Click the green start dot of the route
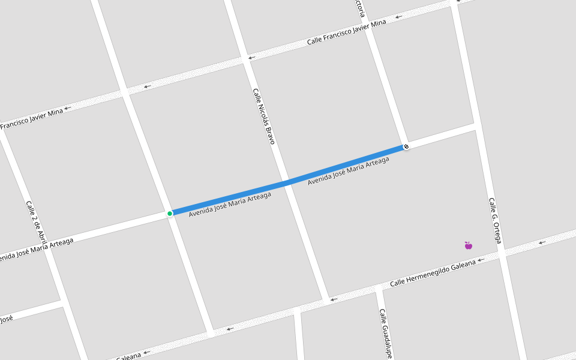coord(170,213)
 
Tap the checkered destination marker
coord(406,146)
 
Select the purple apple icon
coord(469,245)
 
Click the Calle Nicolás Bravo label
coord(263,116)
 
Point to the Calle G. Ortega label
coord(494,220)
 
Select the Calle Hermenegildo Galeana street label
coord(432,273)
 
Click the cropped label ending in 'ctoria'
coord(359,8)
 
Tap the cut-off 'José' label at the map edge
coord(6,319)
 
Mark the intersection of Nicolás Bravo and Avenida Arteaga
coord(289,181)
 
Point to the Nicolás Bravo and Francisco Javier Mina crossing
coord(246,59)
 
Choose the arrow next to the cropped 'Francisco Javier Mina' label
coord(68,108)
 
